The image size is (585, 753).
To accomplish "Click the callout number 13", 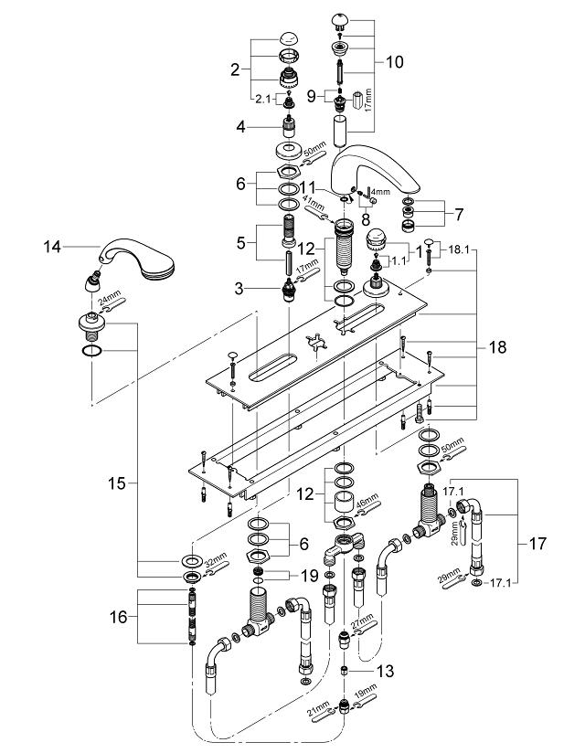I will click(x=385, y=672).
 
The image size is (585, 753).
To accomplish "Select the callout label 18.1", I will click(x=457, y=248).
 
